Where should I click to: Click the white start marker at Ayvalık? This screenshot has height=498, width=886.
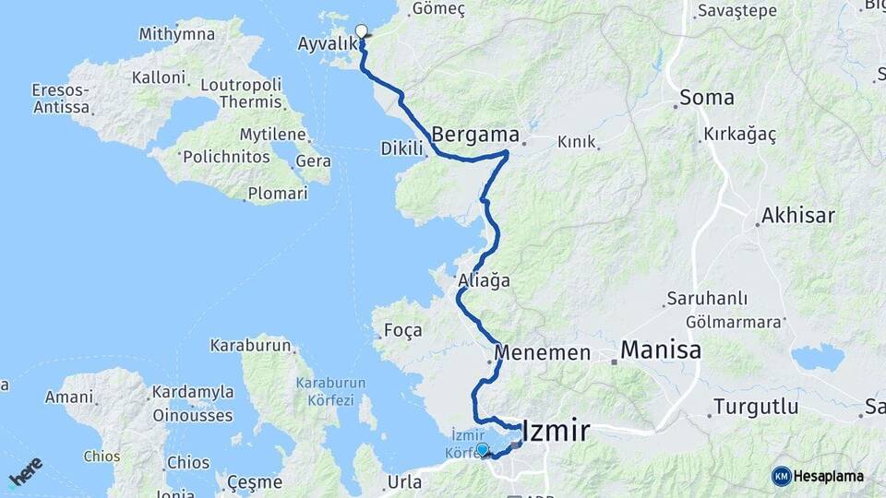(361, 30)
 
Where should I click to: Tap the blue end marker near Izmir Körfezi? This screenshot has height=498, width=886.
(482, 450)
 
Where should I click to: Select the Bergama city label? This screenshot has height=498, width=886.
(475, 132)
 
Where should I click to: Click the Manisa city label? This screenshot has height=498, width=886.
(660, 350)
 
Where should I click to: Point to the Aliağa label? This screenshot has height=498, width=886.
(484, 280)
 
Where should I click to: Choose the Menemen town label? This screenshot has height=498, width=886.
(542, 353)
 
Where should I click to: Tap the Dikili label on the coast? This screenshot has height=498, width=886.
(401, 148)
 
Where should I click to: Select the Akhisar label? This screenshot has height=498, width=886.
(797, 216)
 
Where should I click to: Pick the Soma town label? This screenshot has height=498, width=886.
(707, 98)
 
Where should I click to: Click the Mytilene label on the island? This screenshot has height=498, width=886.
(272, 135)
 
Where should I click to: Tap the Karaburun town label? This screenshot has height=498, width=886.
(251, 347)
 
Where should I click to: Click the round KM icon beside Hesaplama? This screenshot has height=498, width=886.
(781, 476)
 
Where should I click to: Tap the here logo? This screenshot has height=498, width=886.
(25, 470)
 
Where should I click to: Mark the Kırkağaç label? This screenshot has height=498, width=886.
(739, 135)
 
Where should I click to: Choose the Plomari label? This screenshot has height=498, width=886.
(277, 195)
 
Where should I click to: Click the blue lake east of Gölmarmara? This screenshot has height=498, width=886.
(817, 357)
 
